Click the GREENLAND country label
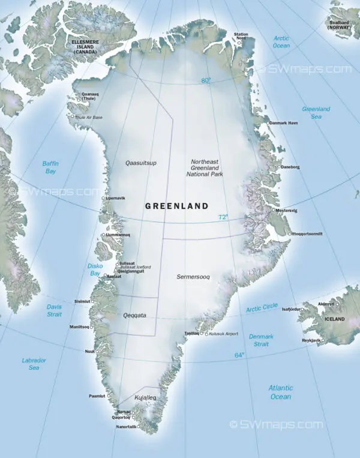[x=176, y=206]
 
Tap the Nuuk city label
[x=90, y=351]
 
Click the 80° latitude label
[x=206, y=80]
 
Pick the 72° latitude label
[x=223, y=217]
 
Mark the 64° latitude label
[x=239, y=355]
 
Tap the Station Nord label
[x=241, y=37]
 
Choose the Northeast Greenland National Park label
[x=207, y=169]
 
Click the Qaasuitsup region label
[x=141, y=163]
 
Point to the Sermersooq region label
[x=193, y=277]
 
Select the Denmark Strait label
[x=261, y=340]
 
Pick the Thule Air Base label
[x=89, y=117]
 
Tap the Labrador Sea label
[x=34, y=364]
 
